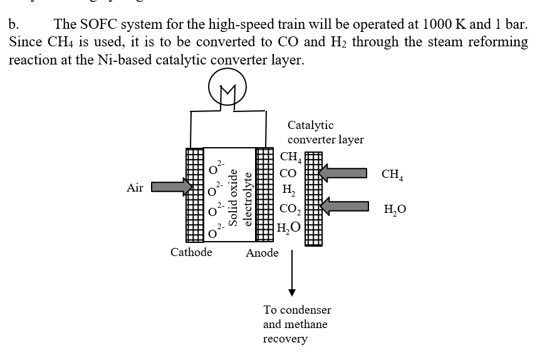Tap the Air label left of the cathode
(135, 187)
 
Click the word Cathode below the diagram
(191, 252)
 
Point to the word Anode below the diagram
(262, 253)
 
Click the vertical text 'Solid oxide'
(233, 197)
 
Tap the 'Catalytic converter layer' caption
(325, 132)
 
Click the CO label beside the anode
(289, 173)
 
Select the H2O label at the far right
(394, 209)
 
